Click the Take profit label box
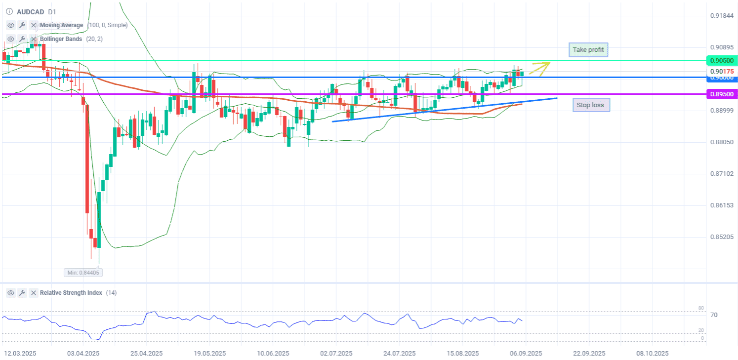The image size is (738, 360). (x=588, y=50)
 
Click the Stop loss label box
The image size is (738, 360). (x=591, y=105)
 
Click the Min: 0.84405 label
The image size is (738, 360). (x=83, y=272)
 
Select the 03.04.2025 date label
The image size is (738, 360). (x=83, y=354)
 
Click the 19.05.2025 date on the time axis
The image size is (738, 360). (x=209, y=354)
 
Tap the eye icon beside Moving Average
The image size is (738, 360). (x=11, y=25)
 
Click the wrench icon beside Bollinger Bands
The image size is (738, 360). (x=22, y=39)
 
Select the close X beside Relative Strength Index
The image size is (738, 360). (x=33, y=293)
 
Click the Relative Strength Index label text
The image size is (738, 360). (x=71, y=293)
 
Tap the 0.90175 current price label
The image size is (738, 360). (x=721, y=72)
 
